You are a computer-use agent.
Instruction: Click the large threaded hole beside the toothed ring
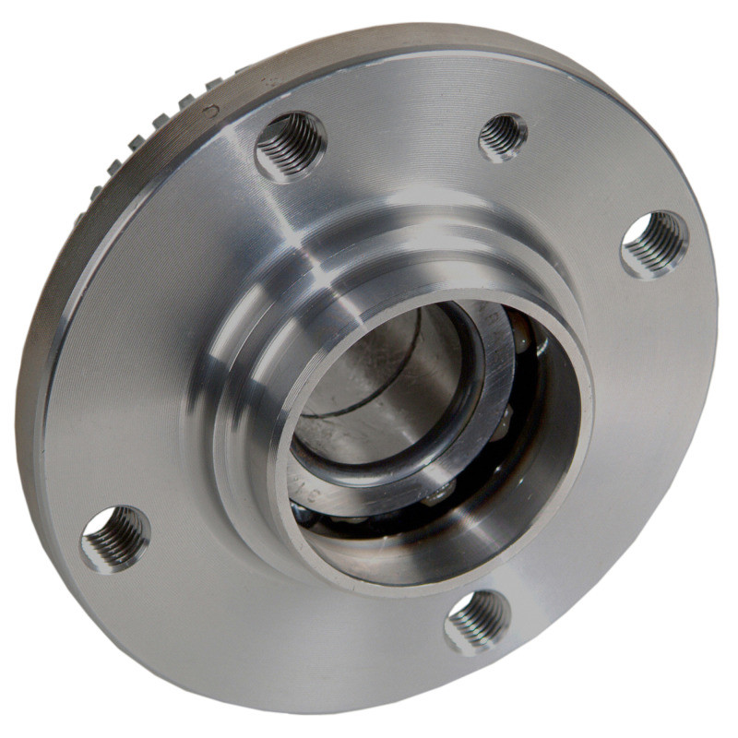(x=291, y=146)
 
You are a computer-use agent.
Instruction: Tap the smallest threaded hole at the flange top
(x=503, y=136)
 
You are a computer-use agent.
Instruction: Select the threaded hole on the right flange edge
(x=654, y=244)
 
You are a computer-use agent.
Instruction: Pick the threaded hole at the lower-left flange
(x=115, y=538)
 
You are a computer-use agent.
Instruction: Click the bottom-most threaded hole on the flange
(x=477, y=620)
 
